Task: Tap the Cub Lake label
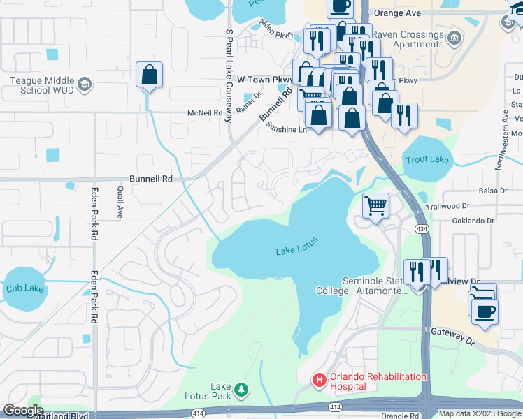pyautogui.click(x=24, y=288)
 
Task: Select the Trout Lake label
pyautogui.click(x=427, y=160)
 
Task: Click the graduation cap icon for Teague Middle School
pyautogui.click(x=85, y=84)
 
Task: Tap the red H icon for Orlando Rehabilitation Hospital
pyautogui.click(x=319, y=381)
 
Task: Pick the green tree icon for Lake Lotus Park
pyautogui.click(x=241, y=389)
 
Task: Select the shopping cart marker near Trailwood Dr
pyautogui.click(x=376, y=206)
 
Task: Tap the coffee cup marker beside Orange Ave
pyautogui.click(x=341, y=7)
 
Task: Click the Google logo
pyautogui.click(x=23, y=411)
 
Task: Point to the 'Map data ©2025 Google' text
pyautogui.click(x=480, y=413)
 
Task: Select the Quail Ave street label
pyautogui.click(x=120, y=202)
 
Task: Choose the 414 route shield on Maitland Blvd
pyautogui.click(x=335, y=406)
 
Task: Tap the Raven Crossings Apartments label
pyautogui.click(x=408, y=39)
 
